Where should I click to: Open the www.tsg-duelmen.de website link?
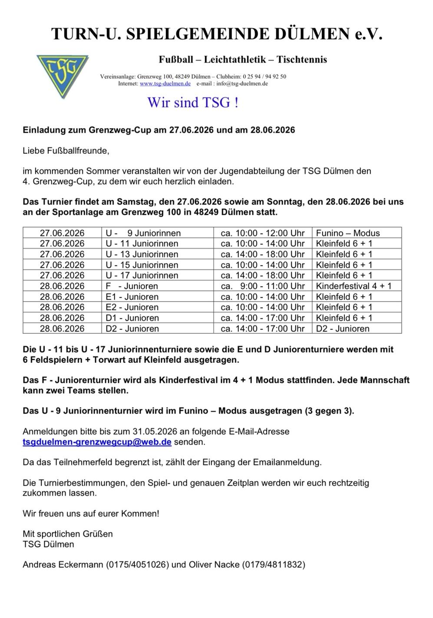(x=165, y=83)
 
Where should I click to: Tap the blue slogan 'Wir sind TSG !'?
(x=193, y=103)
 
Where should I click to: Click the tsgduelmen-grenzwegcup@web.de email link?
(x=97, y=442)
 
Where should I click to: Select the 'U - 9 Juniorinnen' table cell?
(x=143, y=233)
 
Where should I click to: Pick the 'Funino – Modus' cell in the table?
(x=348, y=233)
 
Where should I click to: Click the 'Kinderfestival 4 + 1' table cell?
(x=354, y=286)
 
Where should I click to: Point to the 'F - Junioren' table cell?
(x=132, y=286)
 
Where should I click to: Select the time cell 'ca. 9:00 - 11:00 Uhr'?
(x=263, y=286)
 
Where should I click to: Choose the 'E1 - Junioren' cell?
(x=132, y=297)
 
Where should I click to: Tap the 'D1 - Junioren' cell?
(x=132, y=318)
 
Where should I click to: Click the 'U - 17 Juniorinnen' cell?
(x=142, y=275)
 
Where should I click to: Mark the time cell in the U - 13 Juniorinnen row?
(x=263, y=254)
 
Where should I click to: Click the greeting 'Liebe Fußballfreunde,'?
(x=66, y=151)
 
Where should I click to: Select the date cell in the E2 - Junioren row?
(x=62, y=307)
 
